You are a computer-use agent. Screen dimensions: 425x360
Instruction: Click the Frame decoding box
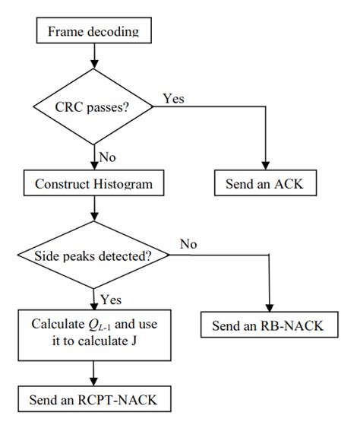[93, 31]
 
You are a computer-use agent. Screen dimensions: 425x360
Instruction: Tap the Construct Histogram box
[93, 183]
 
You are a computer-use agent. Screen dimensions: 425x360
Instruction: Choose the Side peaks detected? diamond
[93, 256]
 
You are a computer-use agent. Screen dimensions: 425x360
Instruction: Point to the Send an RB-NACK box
[270, 328]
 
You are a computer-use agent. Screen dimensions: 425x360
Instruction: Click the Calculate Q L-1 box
[93, 333]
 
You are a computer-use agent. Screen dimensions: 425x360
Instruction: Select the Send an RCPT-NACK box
[93, 398]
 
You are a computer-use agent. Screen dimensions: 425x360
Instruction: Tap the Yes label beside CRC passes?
[173, 99]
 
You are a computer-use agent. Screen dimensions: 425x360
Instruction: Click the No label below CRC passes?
[107, 158]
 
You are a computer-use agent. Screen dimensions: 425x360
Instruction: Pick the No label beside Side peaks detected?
[189, 244]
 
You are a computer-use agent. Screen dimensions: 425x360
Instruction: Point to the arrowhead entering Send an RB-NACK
[270, 311]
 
